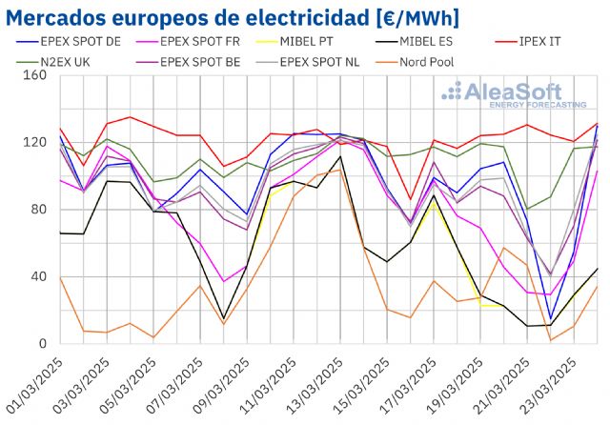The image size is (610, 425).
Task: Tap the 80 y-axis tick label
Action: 38,210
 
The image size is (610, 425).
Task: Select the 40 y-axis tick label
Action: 38,277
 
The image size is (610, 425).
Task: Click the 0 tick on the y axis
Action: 42,344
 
